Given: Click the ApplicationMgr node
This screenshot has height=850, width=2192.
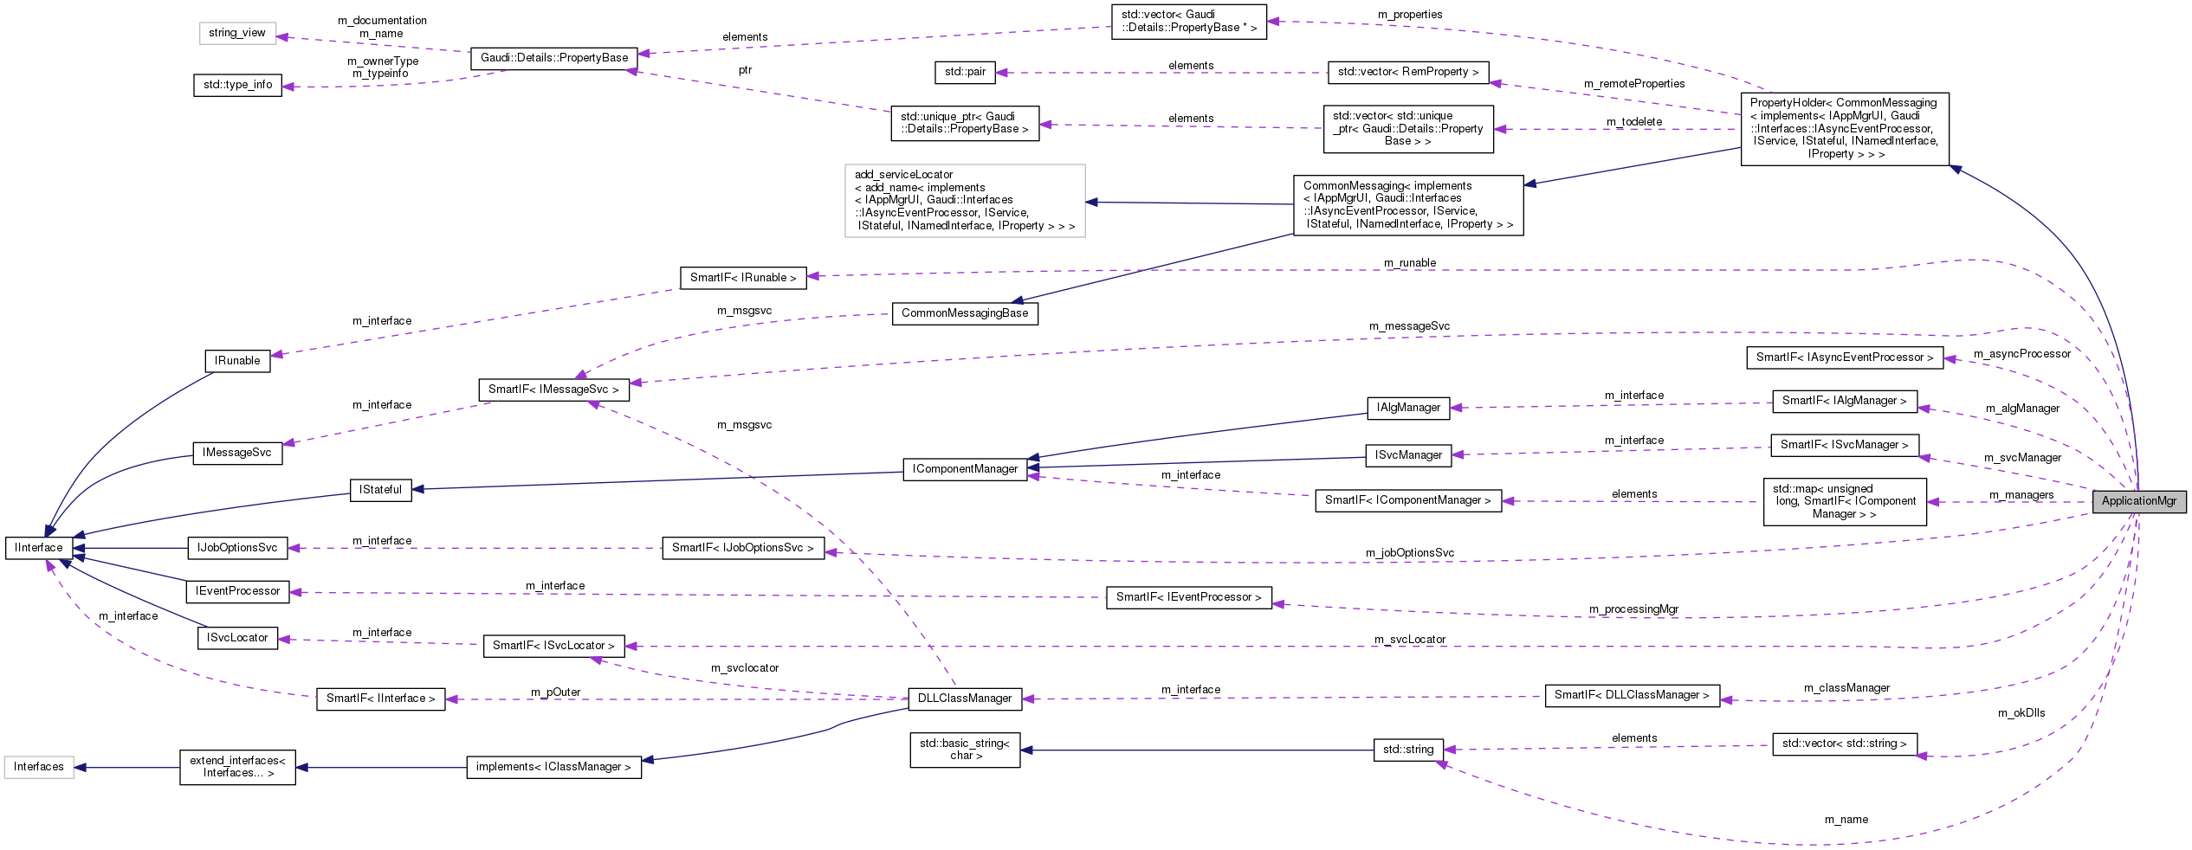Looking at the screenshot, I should point(2138,501).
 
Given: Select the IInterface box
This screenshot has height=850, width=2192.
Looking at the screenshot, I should point(39,548).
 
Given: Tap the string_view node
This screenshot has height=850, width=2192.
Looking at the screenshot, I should point(237,33).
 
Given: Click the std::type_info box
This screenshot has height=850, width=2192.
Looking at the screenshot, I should point(237,85).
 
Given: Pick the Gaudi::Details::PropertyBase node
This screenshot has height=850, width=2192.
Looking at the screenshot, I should point(554,58).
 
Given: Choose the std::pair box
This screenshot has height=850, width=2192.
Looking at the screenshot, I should point(965,72).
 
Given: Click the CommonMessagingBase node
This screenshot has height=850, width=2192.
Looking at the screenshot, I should point(965,313).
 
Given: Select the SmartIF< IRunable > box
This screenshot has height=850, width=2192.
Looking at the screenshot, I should point(743,278).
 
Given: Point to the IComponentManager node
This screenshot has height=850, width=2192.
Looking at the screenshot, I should point(965,469).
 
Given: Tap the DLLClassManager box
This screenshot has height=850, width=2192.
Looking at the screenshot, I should point(965,699).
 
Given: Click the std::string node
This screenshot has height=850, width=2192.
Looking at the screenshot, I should point(1408,750).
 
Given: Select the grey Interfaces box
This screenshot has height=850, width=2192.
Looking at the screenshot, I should point(39,767).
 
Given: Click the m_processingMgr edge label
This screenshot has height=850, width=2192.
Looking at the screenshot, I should point(1633,609).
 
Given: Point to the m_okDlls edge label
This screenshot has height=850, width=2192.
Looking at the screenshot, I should point(2021,713).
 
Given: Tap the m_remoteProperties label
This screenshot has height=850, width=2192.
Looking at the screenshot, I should point(1634,84).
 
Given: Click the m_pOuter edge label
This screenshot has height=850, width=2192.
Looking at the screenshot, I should point(555,692).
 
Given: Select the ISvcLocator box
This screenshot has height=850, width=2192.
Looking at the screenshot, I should point(237,638).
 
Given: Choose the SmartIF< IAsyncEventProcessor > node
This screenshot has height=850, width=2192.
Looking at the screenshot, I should point(1844,357).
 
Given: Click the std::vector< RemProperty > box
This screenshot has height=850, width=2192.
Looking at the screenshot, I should point(1408,72).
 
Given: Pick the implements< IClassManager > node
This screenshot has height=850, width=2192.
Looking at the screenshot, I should point(554,767).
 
